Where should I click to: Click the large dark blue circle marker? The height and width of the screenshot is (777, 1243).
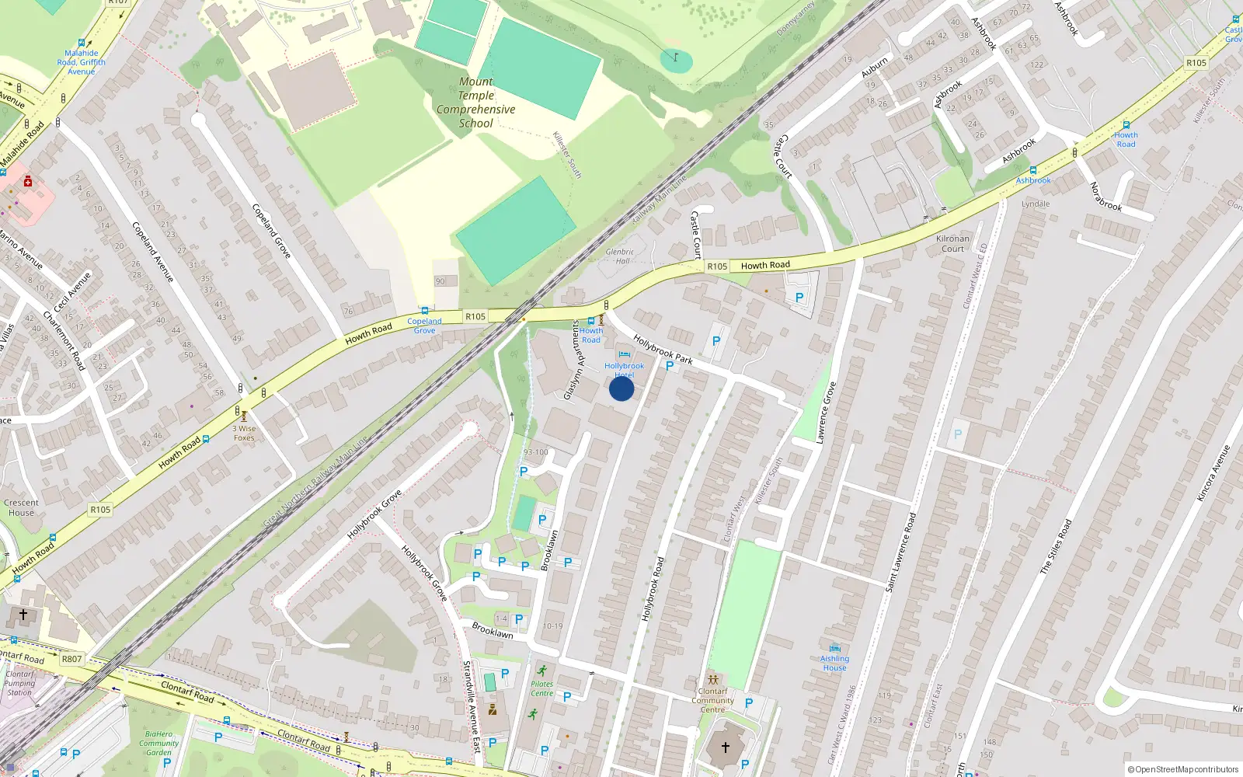coord(621,388)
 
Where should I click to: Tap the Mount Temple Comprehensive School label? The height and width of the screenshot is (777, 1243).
coord(475,103)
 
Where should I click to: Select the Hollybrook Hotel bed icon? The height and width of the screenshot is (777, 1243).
coord(624,355)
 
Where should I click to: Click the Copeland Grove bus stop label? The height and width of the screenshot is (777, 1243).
coord(424,326)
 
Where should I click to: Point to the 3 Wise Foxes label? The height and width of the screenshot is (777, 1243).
coord(244,434)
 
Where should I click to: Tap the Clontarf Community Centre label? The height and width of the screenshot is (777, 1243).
coord(712,700)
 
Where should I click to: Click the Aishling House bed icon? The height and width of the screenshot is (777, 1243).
coord(834,647)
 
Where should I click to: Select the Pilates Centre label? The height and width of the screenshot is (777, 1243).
coord(542,689)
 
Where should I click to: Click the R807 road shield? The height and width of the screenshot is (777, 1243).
coord(71,659)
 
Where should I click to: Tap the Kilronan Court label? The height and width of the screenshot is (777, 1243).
coord(952,244)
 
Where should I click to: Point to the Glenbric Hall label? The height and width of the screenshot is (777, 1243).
coord(619,256)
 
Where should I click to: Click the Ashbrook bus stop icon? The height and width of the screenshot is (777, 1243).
coord(1033,170)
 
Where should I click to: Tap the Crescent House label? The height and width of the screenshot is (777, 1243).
coord(21,507)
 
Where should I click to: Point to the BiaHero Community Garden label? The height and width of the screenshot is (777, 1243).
coord(158,743)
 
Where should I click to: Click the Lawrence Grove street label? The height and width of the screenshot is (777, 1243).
coord(826,413)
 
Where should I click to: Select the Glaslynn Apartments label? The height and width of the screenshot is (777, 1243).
coord(572,361)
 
